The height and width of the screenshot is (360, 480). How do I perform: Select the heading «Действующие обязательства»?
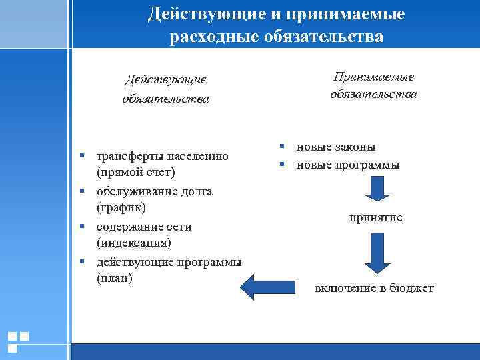[x=165, y=89]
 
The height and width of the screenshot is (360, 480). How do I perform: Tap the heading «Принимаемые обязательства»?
[x=373, y=86]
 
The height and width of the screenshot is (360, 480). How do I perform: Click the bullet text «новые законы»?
[x=336, y=147]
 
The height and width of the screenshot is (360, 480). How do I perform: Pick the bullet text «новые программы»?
[x=348, y=165]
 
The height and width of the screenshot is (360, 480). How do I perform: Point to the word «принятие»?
[x=375, y=218]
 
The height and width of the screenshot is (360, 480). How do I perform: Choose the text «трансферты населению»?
[x=162, y=156]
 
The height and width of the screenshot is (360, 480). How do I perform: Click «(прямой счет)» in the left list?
[x=135, y=173]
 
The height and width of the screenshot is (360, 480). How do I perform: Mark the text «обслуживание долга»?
[x=154, y=191]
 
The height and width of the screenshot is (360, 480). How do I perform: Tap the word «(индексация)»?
[x=133, y=243]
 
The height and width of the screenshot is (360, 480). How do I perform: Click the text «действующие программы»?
[x=169, y=261]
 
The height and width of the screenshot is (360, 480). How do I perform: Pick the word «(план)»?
[x=115, y=278]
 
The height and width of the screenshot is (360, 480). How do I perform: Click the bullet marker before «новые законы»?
[x=283, y=147]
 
